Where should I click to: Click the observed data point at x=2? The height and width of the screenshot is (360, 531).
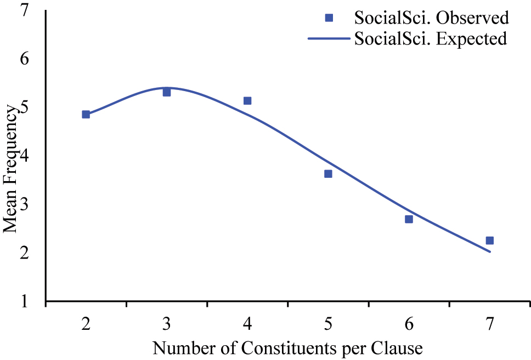(x=86, y=114)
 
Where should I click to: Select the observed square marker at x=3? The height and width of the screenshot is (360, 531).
(x=167, y=92)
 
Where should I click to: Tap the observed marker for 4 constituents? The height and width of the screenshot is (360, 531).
(x=247, y=100)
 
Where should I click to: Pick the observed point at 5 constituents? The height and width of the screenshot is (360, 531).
(x=328, y=173)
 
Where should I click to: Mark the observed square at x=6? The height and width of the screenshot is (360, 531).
(x=409, y=219)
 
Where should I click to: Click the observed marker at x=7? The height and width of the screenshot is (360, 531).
(x=489, y=240)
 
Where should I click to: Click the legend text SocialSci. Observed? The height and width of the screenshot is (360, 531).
(x=432, y=18)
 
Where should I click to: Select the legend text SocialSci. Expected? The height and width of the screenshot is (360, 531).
(x=431, y=39)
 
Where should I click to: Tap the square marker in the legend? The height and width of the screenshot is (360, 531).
(x=329, y=18)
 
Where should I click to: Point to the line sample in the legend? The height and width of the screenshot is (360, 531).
(x=329, y=39)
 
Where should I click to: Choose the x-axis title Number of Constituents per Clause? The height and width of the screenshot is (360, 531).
(x=287, y=348)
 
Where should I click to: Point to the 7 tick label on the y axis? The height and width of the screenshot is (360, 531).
(x=25, y=10)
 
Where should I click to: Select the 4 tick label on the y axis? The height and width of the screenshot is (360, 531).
(x=25, y=156)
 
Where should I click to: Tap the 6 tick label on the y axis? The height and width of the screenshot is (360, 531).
(x=25, y=59)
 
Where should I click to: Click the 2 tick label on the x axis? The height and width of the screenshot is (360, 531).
(x=86, y=324)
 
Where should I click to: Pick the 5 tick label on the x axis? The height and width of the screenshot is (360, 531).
(x=328, y=324)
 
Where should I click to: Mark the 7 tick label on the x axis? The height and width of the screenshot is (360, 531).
(x=489, y=324)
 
